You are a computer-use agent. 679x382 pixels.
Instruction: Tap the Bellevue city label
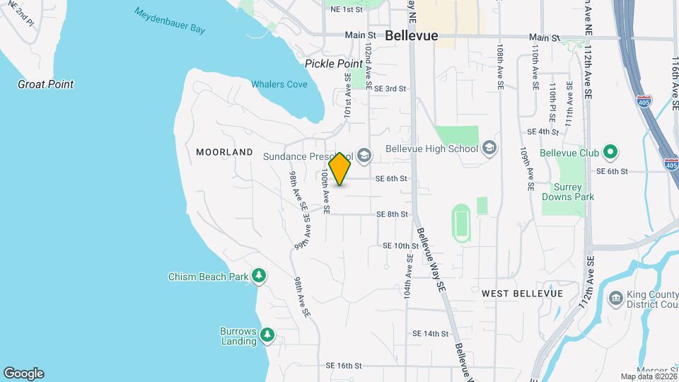[412, 35]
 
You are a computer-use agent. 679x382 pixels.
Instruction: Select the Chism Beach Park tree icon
[259, 275]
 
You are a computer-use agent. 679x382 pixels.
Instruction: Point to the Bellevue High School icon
[489, 149]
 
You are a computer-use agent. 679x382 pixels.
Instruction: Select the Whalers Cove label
[279, 84]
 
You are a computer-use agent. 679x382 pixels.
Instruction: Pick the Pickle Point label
[334, 64]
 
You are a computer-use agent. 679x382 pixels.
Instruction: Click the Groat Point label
[46, 84]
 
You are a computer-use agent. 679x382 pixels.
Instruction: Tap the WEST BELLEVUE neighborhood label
[522, 293]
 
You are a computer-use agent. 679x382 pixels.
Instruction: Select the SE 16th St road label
[344, 366]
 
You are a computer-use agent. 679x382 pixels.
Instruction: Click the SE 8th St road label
[392, 214]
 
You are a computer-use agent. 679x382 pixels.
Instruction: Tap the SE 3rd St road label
[390, 88]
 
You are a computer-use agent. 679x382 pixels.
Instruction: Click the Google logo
[23, 374]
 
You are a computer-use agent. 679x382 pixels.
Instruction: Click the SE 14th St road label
[431, 333]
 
